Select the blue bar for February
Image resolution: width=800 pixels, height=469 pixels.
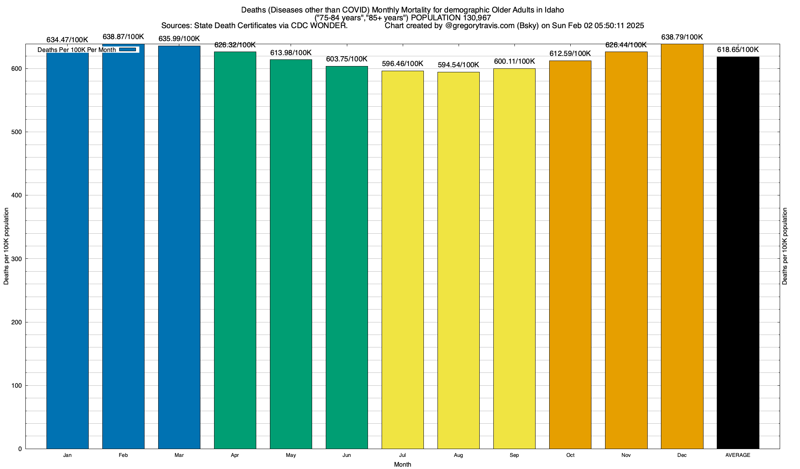click(x=123, y=250)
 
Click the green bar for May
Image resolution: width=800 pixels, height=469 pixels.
click(x=291, y=254)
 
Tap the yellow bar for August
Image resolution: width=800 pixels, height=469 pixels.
click(x=458, y=260)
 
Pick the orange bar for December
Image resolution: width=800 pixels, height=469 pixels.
click(x=682, y=246)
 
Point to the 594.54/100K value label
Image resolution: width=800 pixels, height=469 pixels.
click(x=458, y=65)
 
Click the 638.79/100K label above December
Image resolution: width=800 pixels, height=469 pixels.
click(x=682, y=37)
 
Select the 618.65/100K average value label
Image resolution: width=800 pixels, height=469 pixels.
click(x=738, y=50)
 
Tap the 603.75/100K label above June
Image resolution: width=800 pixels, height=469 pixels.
click(x=346, y=59)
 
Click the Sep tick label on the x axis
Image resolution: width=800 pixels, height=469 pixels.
click(x=514, y=455)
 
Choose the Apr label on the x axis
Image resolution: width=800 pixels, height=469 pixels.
click(x=235, y=455)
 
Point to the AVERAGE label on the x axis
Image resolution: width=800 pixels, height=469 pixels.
click(x=738, y=455)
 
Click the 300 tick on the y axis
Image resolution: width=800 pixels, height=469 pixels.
click(x=17, y=259)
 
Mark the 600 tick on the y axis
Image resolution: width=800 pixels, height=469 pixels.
click(x=17, y=69)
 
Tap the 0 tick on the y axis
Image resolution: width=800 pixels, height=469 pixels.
click(x=20, y=449)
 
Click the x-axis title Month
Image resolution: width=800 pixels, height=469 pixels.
click(x=402, y=465)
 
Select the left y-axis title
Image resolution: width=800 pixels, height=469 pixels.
click(x=6, y=246)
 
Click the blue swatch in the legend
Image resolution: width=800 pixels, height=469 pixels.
click(x=128, y=50)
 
